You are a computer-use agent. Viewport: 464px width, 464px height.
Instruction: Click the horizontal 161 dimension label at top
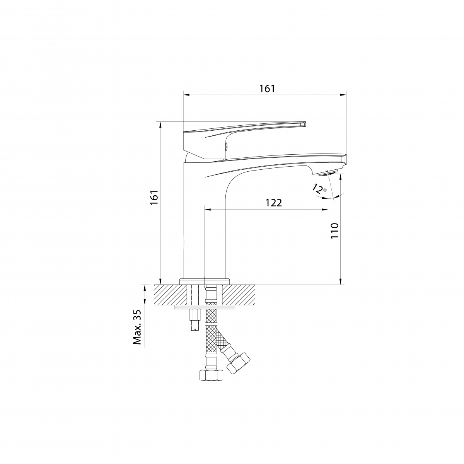coord(267,89)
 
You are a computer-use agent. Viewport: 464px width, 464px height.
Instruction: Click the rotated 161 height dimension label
coord(154,198)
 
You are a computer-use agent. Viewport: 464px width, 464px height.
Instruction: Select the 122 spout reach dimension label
coord(273,203)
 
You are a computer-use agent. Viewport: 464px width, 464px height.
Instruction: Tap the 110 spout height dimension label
coord(334,231)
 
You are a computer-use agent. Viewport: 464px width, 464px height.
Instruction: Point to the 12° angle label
coord(319,189)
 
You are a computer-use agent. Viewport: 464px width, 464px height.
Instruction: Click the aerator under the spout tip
coord(328,172)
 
